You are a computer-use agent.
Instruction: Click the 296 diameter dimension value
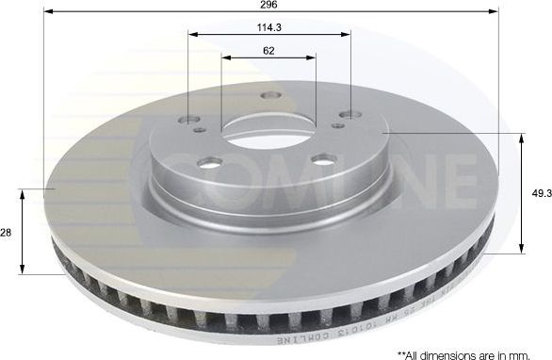pyautogui.click(x=269, y=5)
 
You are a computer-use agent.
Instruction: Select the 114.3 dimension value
pyautogui.click(x=269, y=26)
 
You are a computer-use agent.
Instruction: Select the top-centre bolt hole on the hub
pyautogui.click(x=271, y=95)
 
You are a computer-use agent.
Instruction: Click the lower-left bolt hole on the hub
pyautogui.click(x=210, y=162)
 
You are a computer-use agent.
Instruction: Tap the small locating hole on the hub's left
pyautogui.click(x=200, y=130)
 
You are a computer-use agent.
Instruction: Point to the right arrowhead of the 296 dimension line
pyautogui.click(x=492, y=12)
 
